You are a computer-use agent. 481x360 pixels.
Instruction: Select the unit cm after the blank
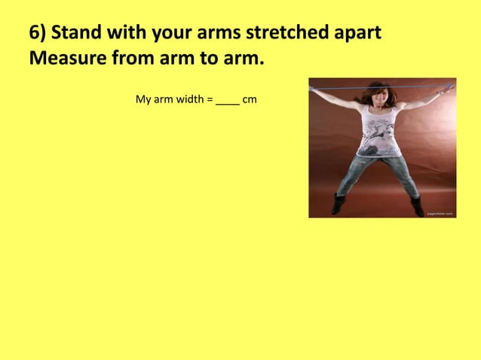250,99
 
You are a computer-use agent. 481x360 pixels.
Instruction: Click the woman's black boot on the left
339,202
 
